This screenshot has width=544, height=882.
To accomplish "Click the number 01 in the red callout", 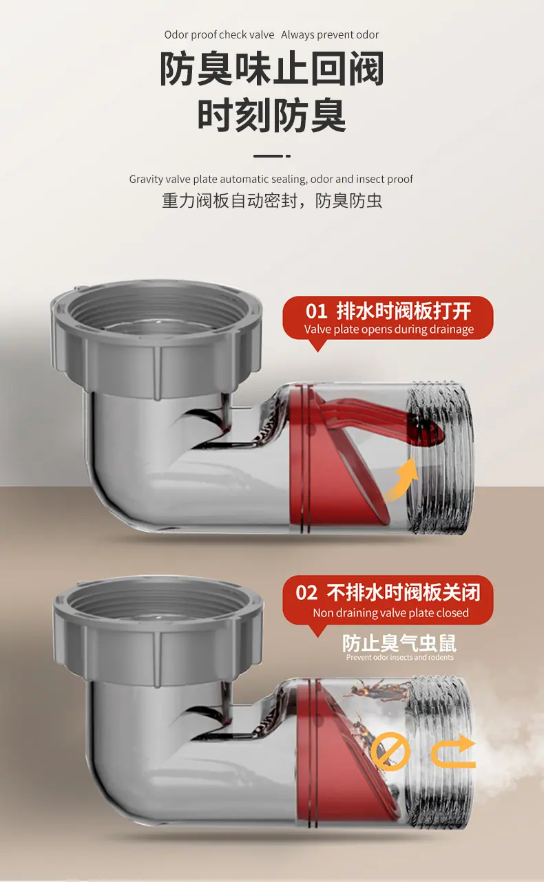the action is (316, 311).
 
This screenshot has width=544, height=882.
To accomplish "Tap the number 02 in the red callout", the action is (306, 592).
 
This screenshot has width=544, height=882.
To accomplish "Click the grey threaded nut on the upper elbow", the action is (157, 338).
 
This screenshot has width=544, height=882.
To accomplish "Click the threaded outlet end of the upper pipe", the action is (441, 459).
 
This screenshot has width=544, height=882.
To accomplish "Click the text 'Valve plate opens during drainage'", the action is (388, 329).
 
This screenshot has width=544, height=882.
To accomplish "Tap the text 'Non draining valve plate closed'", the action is (390, 613).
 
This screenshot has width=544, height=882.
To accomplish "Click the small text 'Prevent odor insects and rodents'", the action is (399, 657).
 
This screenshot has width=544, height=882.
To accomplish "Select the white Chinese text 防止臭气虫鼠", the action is (399, 643).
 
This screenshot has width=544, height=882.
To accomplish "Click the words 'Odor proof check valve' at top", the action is (219, 34).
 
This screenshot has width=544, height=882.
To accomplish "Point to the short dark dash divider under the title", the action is (272, 156).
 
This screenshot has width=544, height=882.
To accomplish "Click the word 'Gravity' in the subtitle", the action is (146, 180).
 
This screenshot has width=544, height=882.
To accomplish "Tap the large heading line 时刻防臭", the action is (271, 116).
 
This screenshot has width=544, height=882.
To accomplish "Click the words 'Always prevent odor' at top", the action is (330, 34).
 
